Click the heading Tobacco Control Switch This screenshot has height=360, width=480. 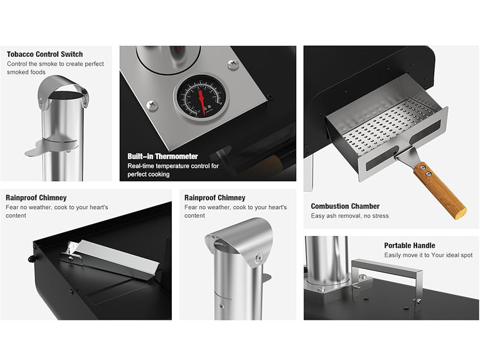coord(45,54)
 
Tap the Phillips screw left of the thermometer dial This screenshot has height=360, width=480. coord(152,105)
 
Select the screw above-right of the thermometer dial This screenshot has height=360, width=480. coord(233,65)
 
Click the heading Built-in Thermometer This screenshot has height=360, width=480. coord(163,156)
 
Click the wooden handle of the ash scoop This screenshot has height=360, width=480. coord(440,191)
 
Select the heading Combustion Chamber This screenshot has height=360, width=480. coord(345,206)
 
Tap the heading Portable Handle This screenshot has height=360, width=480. coord(409,245)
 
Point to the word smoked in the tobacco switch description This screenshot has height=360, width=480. coord(16,72)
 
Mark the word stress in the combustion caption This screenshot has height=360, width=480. coord(380,216)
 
